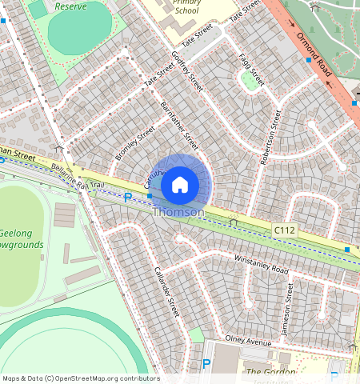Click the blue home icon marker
pyautogui.click(x=180, y=184)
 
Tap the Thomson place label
pyautogui.click(x=178, y=212)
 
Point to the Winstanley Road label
pyautogui.click(x=260, y=264)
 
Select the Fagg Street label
pyautogui.click(x=251, y=70)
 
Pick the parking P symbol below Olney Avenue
pyautogui.click(x=206, y=365)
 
